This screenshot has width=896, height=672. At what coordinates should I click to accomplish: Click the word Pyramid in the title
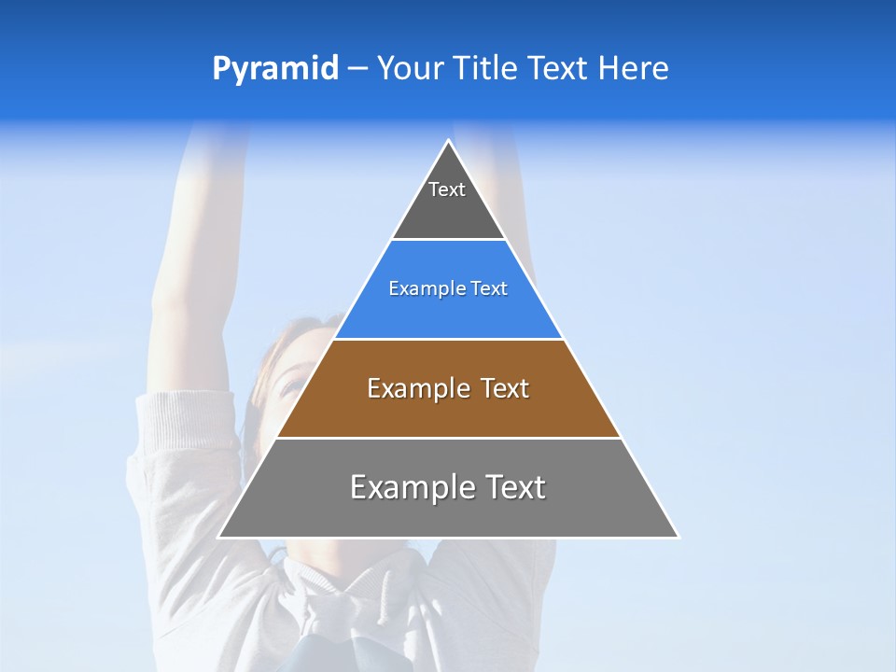(274, 69)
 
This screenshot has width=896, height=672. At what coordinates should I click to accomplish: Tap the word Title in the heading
(487, 69)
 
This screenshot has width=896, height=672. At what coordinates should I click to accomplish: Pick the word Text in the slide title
(557, 69)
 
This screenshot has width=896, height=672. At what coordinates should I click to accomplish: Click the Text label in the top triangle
(447, 189)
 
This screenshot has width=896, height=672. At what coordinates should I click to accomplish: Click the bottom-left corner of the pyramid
(219, 537)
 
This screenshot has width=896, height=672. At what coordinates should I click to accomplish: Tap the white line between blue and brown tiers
(448, 339)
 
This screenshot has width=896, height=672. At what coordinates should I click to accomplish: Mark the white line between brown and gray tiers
(448, 438)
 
